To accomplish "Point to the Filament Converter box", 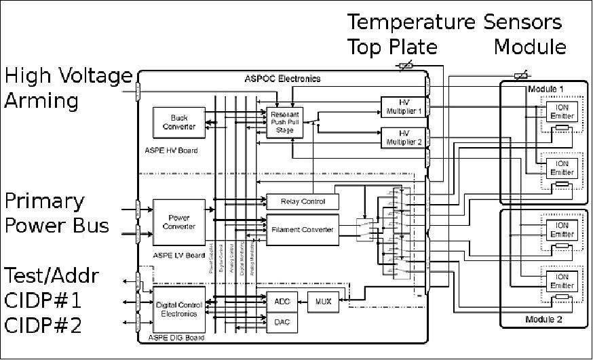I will point(302,229).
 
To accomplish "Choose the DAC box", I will point(282,322).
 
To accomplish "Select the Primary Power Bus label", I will point(58,212).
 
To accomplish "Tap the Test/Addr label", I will point(52,276).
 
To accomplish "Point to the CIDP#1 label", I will point(43,301).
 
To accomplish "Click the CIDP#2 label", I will point(43,325).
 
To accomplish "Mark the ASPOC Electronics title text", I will point(282,79).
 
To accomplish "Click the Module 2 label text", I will point(543,319).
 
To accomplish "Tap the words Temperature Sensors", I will point(455,22).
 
